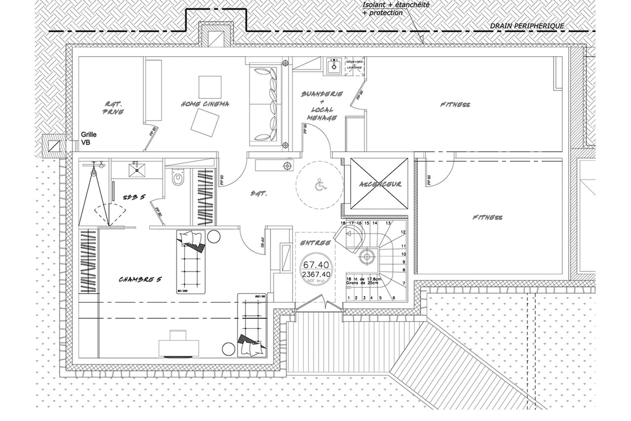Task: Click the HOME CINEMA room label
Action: click(x=205, y=104)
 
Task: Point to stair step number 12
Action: click(x=403, y=232)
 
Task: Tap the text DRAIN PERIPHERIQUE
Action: click(x=527, y=26)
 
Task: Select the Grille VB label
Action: click(x=89, y=139)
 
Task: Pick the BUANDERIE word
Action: click(x=322, y=94)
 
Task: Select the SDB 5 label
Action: click(x=134, y=197)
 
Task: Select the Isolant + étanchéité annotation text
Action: click(x=396, y=5)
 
